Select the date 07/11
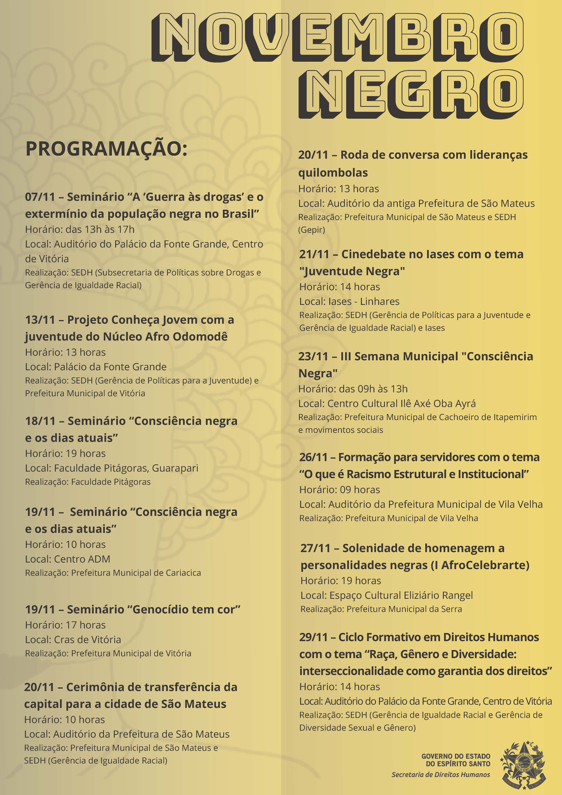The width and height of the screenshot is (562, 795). coord(40,197)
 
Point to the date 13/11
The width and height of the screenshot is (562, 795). coord(40,320)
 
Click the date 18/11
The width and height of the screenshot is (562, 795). coord(40,421)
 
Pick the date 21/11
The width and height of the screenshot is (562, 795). coord(314,255)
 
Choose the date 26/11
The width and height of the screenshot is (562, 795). coord(313,457)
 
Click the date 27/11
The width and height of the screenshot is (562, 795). coord(315,548)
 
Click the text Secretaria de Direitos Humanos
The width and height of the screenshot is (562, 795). coord(440,775)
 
